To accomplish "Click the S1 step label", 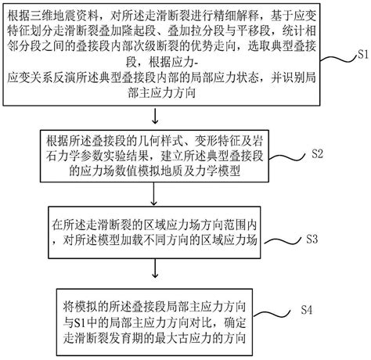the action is [x=362, y=54].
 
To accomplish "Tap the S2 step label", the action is [x=317, y=153].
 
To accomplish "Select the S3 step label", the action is [x=312, y=239].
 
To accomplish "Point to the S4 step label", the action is [x=307, y=310].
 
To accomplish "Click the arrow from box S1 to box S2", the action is [x=155, y=116].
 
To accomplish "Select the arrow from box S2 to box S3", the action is [x=154, y=193].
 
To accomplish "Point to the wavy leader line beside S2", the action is [x=287, y=157].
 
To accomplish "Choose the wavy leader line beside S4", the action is [x=272, y=313].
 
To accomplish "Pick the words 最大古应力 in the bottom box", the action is [x=183, y=338].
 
